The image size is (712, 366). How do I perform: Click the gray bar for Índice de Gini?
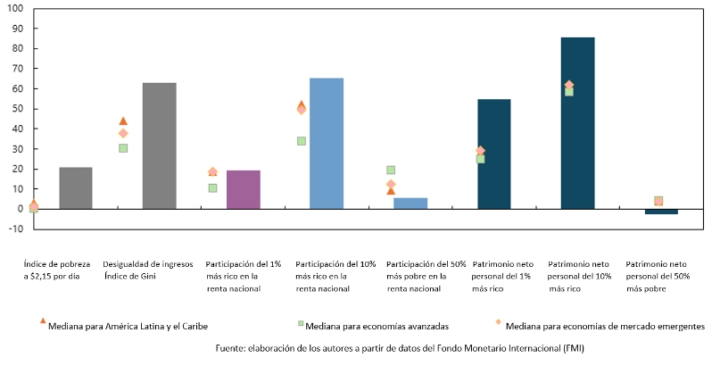159,146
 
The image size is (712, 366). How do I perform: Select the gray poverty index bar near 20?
76,187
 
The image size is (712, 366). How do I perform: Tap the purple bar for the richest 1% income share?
243,189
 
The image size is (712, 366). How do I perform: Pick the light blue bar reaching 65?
326,143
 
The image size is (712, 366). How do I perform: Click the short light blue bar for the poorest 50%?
410,204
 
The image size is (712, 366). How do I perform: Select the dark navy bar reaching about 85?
577,123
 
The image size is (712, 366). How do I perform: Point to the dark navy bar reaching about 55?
493,154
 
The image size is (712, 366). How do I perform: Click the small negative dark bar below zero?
661,212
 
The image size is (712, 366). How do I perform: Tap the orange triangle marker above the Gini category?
123,121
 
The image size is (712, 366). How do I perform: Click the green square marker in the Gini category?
123,148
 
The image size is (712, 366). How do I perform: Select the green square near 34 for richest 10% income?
302,141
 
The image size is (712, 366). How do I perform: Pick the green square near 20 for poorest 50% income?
391,170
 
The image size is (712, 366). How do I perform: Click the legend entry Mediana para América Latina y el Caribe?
128,325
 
